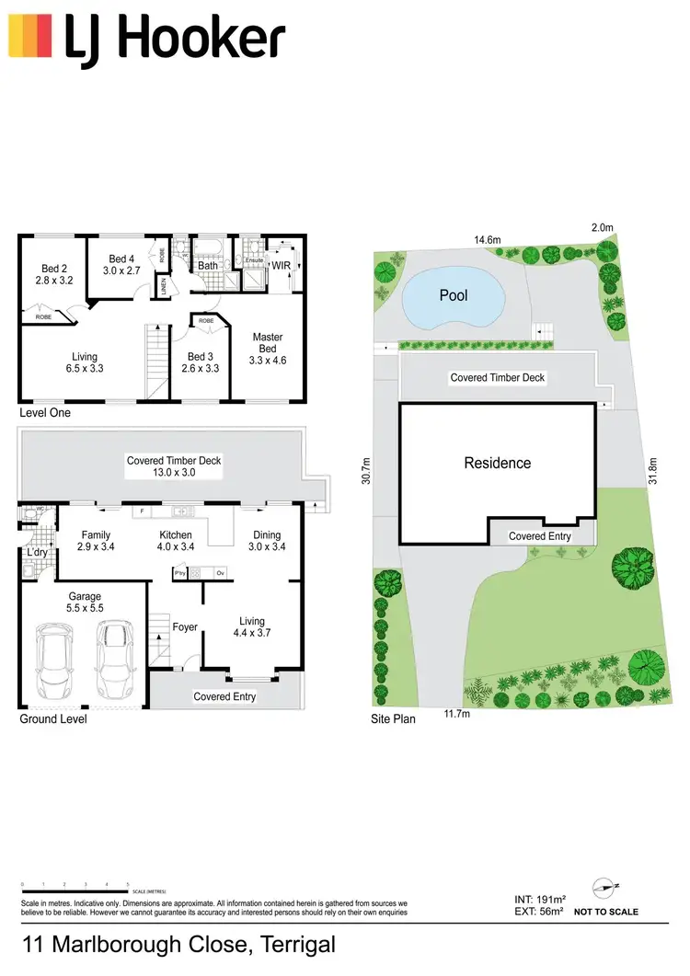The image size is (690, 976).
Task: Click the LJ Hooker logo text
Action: (174, 41)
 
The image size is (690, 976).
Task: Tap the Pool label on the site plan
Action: (454, 295)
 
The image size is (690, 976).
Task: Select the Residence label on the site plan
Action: (497, 463)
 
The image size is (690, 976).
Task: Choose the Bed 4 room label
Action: (122, 265)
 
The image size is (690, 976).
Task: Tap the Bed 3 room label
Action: (200, 363)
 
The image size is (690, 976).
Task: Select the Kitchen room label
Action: (176, 541)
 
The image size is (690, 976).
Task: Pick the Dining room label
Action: (266, 541)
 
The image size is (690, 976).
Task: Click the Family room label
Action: (96, 541)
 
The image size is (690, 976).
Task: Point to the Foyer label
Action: (185, 627)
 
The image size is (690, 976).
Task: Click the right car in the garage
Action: (113, 660)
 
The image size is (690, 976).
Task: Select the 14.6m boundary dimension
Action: (487, 240)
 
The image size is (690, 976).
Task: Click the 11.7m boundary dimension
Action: (457, 714)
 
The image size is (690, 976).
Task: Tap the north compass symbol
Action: (605, 887)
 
